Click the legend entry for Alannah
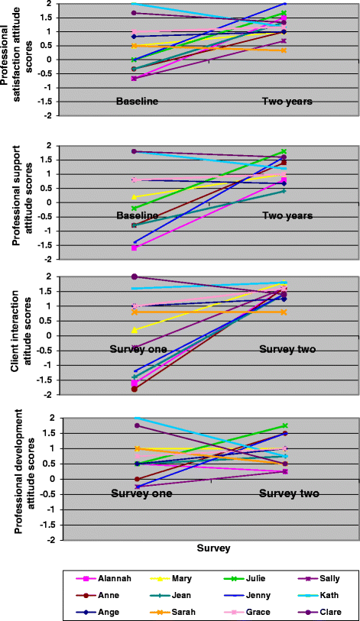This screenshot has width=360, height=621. [103, 579]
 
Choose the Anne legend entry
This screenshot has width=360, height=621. [97, 595]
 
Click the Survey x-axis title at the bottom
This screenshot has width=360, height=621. [214, 548]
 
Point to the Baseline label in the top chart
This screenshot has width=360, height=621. [137, 102]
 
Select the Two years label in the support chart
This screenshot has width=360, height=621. [287, 216]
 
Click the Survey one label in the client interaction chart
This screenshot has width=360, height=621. [138, 349]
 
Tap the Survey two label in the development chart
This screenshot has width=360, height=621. [289, 494]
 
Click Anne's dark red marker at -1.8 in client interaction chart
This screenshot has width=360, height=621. [135, 389]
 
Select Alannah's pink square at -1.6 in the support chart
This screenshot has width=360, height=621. [135, 248]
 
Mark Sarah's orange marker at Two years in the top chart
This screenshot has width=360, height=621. [284, 50]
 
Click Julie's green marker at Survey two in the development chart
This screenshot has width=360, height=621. [284, 425]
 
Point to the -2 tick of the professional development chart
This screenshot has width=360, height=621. [57, 540]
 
